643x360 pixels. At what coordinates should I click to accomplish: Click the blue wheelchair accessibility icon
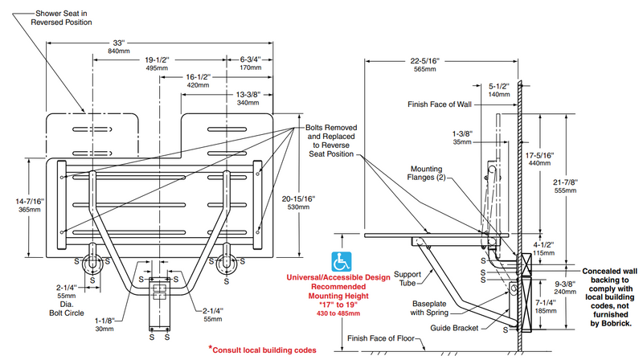[x=341, y=262]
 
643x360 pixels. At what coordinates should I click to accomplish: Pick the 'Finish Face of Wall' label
[x=439, y=104]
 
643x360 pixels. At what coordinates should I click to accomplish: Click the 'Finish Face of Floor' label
[x=381, y=338]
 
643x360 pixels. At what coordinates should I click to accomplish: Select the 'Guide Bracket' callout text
[x=454, y=328]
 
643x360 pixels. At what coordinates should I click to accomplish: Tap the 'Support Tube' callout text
[x=408, y=278]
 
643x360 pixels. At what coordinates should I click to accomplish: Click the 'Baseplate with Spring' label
[x=429, y=308]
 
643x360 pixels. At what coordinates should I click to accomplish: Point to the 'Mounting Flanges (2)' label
[x=426, y=173]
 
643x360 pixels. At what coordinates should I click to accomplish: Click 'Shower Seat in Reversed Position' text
[x=61, y=18]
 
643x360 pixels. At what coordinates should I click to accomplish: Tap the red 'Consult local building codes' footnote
[x=263, y=350]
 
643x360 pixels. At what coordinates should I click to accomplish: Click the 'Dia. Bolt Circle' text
[x=67, y=309]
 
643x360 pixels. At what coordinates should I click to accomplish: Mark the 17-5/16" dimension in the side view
[x=539, y=158]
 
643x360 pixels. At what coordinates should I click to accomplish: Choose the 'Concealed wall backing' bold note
[x=610, y=297]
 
